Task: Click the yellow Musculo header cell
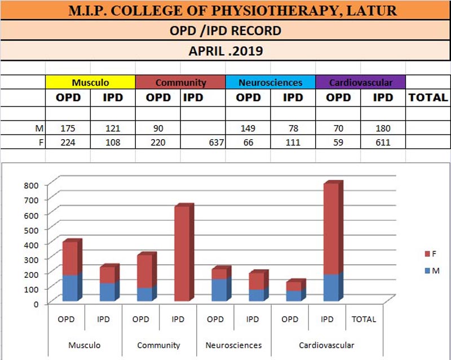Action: pyautogui.click(x=90, y=82)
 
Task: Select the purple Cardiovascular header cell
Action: pyautogui.click(x=361, y=82)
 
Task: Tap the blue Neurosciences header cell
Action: pyautogui.click(x=271, y=82)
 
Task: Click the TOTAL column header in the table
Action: pyautogui.click(x=428, y=97)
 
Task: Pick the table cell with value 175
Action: pyautogui.click(x=68, y=128)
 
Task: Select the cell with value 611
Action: pyautogui.click(x=383, y=143)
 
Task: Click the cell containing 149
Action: pyautogui.click(x=248, y=128)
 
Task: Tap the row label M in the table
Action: pyautogui.click(x=40, y=128)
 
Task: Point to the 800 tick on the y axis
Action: pyautogui.click(x=32, y=184)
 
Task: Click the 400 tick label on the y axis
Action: pyautogui.click(x=32, y=244)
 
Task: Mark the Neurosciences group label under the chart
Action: pyautogui.click(x=233, y=345)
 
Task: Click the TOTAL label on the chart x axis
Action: pyautogui.click(x=364, y=319)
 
